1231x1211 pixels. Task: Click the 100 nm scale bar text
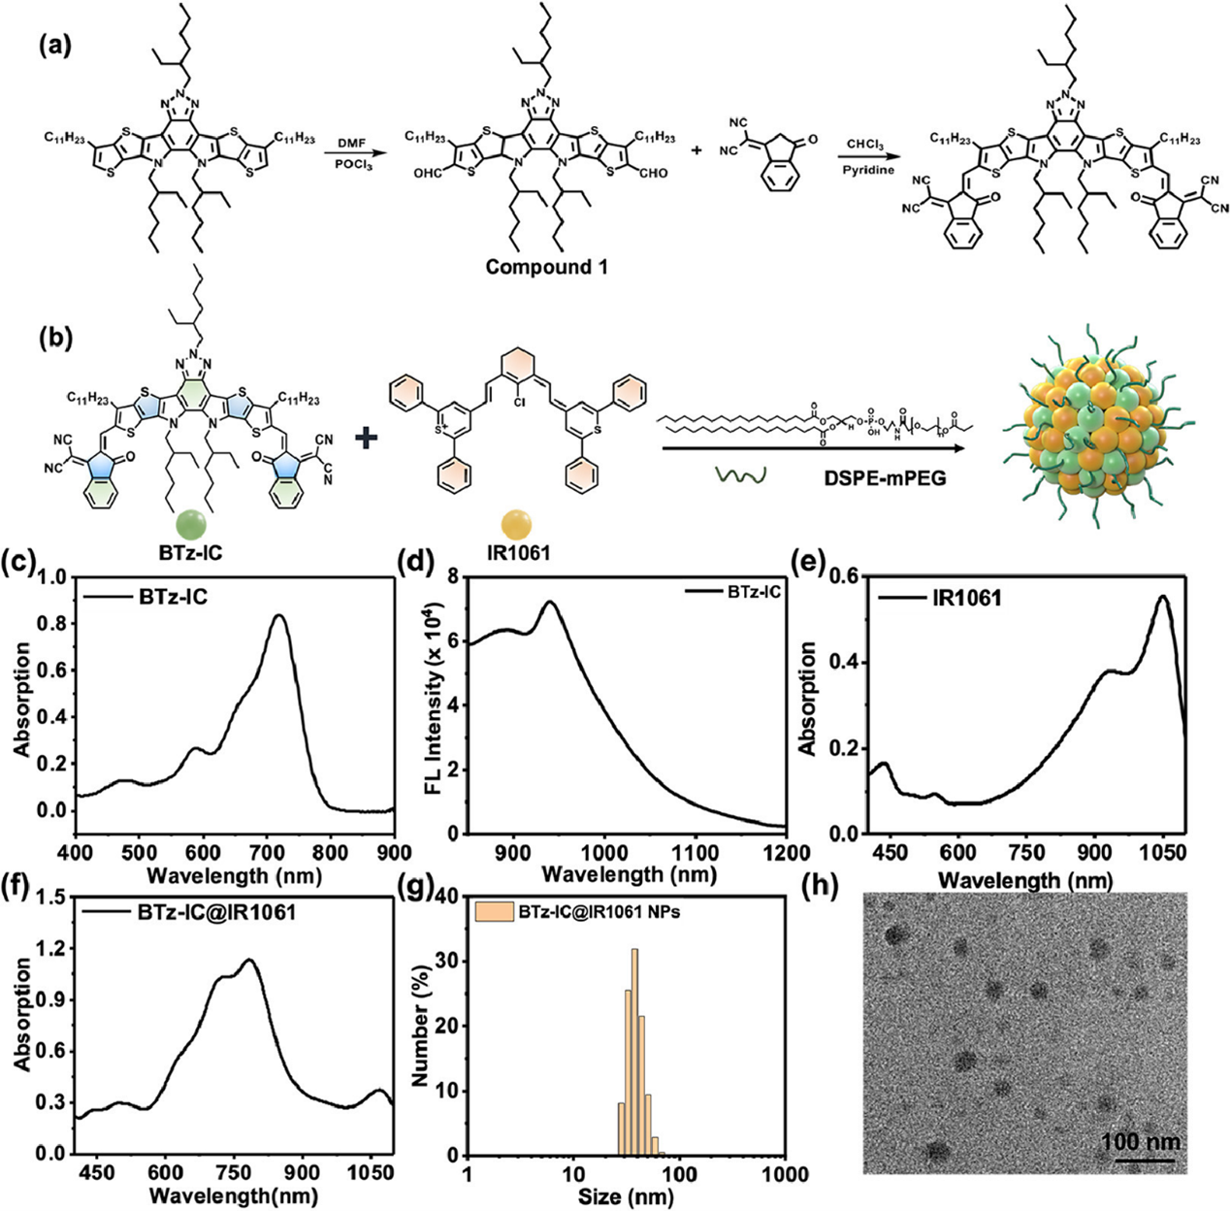tap(1141, 1139)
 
